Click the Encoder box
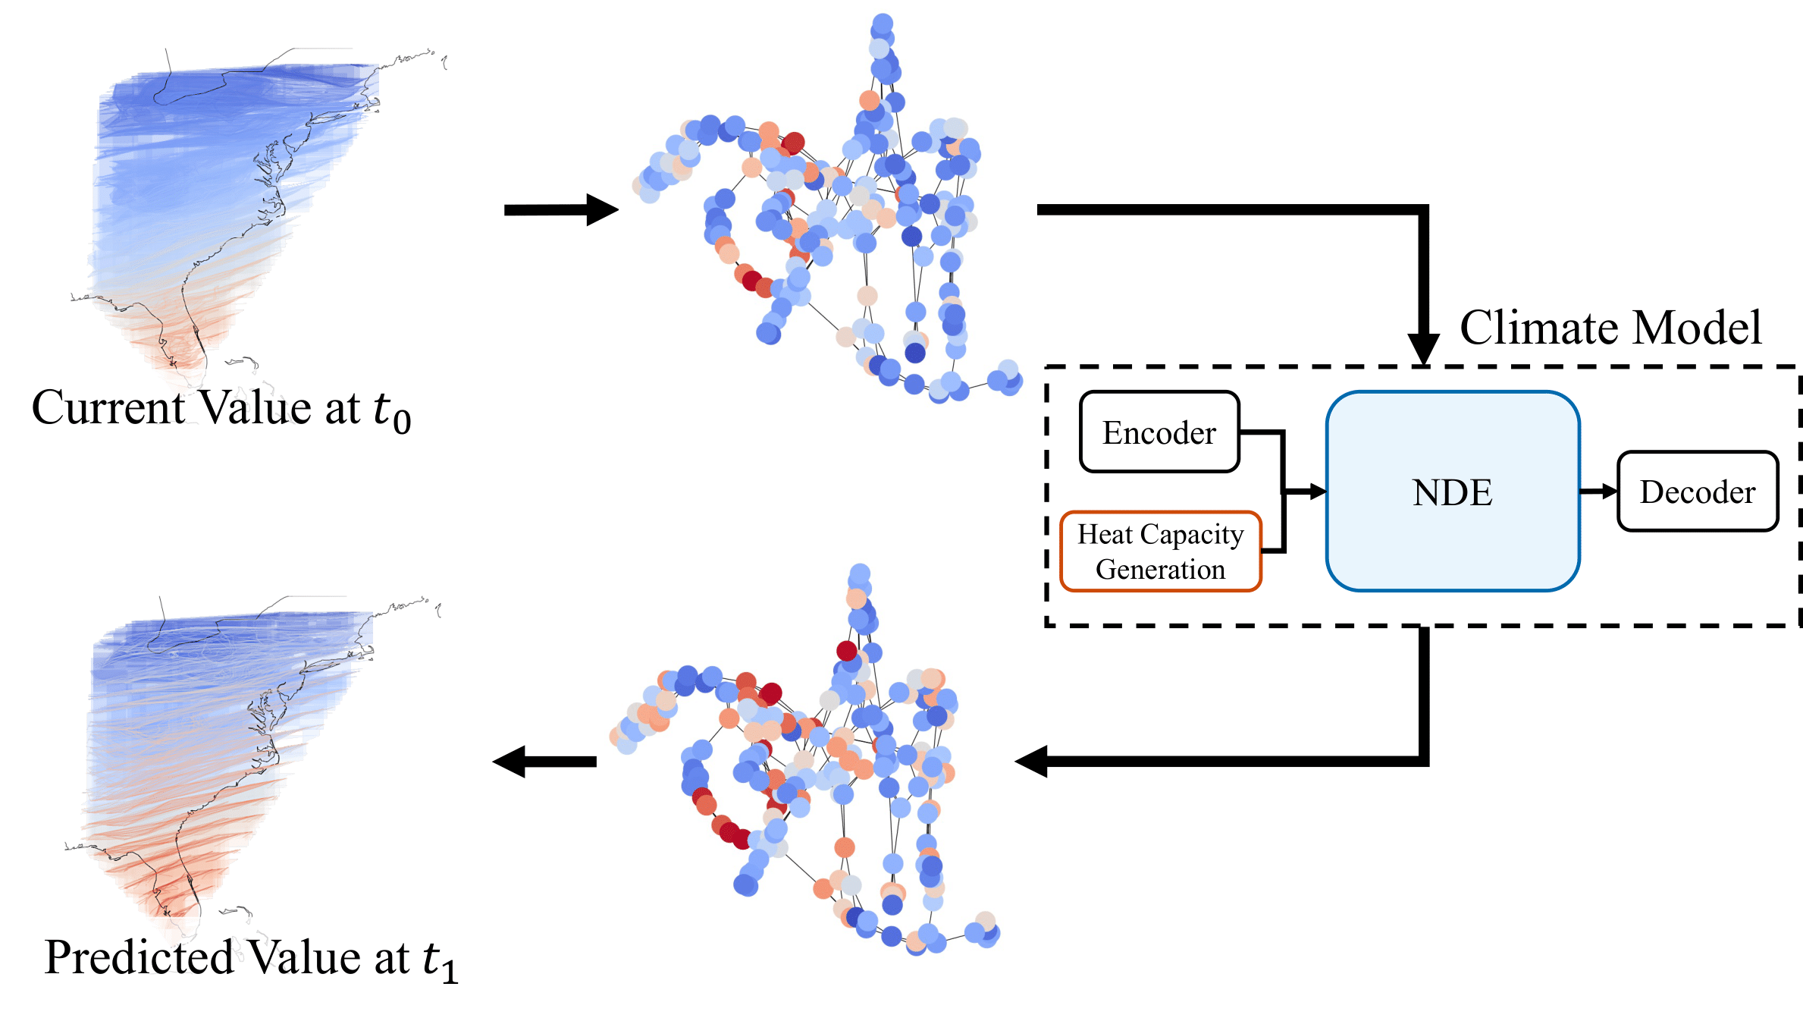1159,432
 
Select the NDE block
1452,492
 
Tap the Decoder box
1697,492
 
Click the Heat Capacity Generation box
1160,551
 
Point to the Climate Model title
1610,328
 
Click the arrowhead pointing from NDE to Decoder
1608,492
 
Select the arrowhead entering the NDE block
1316,492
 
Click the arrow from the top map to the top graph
561,209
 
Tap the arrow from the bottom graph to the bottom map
544,761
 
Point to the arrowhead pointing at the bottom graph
1032,761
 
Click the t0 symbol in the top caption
392,411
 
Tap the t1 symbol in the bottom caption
441,961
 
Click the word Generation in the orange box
1160,569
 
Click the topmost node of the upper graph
882,24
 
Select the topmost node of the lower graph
860,573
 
